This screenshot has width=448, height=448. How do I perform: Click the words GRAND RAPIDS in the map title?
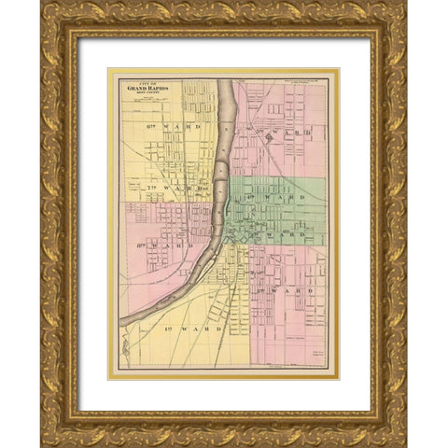(x=149, y=91)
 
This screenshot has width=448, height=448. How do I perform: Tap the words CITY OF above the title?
(x=149, y=85)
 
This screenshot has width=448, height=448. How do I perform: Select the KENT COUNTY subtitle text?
(x=149, y=97)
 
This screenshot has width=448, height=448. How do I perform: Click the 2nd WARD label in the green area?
(x=285, y=235)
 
